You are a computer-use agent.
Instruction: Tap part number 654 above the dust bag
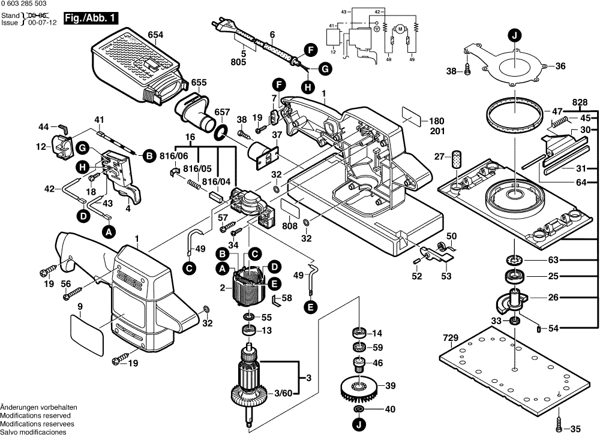[x=155, y=35]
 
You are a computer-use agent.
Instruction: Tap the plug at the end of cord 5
[x=218, y=27]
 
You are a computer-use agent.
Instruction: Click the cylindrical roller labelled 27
[x=459, y=160]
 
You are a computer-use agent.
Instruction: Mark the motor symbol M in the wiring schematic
[x=398, y=28]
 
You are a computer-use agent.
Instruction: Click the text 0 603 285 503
[x=25, y=4]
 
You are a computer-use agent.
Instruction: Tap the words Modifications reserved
[x=35, y=415]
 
